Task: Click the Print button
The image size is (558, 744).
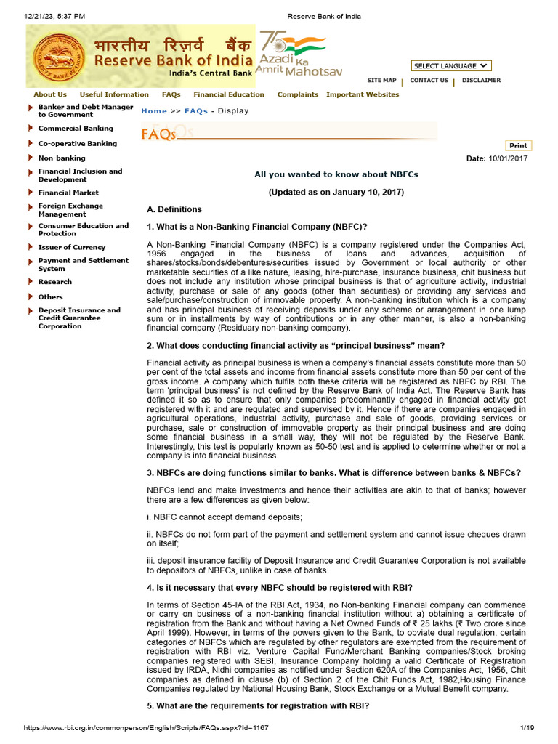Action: pyautogui.click(x=518, y=146)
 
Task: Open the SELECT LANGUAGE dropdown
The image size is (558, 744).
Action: pyautogui.click(x=451, y=66)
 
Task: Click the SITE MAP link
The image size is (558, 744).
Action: pyautogui.click(x=381, y=81)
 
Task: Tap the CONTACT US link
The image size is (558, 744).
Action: pyautogui.click(x=429, y=81)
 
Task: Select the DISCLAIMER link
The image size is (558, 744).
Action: pyautogui.click(x=481, y=81)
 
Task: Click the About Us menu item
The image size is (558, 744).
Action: pyautogui.click(x=50, y=94)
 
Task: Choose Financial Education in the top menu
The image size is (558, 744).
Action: pyautogui.click(x=229, y=94)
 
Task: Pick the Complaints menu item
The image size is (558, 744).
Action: pyautogui.click(x=297, y=94)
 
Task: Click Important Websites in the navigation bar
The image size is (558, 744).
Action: pyautogui.click(x=363, y=94)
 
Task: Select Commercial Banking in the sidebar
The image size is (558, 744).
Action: pyautogui.click(x=76, y=129)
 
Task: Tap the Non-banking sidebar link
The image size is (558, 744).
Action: pyautogui.click(x=62, y=158)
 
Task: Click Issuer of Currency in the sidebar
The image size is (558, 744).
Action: pyautogui.click(x=72, y=247)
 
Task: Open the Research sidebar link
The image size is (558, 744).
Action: pyautogui.click(x=55, y=282)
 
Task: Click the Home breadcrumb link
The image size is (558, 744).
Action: pyautogui.click(x=154, y=111)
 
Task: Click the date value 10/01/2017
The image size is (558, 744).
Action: pyautogui.click(x=508, y=158)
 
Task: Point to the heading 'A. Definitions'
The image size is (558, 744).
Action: pyautogui.click(x=174, y=209)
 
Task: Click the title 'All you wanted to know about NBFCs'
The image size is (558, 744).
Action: pyautogui.click(x=336, y=174)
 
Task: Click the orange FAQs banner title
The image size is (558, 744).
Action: pyautogui.click(x=159, y=134)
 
